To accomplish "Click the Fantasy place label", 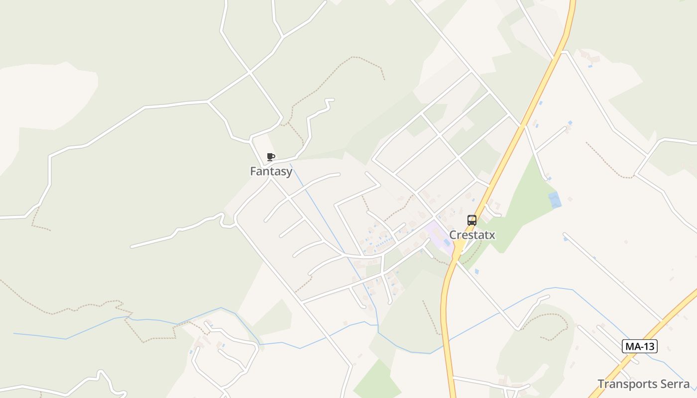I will click(x=271, y=172).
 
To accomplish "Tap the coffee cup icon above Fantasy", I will click(x=271, y=157).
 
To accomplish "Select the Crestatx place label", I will click(x=472, y=235).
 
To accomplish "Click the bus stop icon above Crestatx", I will click(x=471, y=220).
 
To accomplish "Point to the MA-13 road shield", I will click(x=640, y=346).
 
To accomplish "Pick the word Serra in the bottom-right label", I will click(x=676, y=384).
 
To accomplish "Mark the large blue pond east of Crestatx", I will click(x=555, y=200).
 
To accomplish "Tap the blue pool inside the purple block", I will click(x=447, y=242).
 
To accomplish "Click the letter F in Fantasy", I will click(x=253, y=172).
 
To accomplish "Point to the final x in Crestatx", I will click(x=492, y=235).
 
